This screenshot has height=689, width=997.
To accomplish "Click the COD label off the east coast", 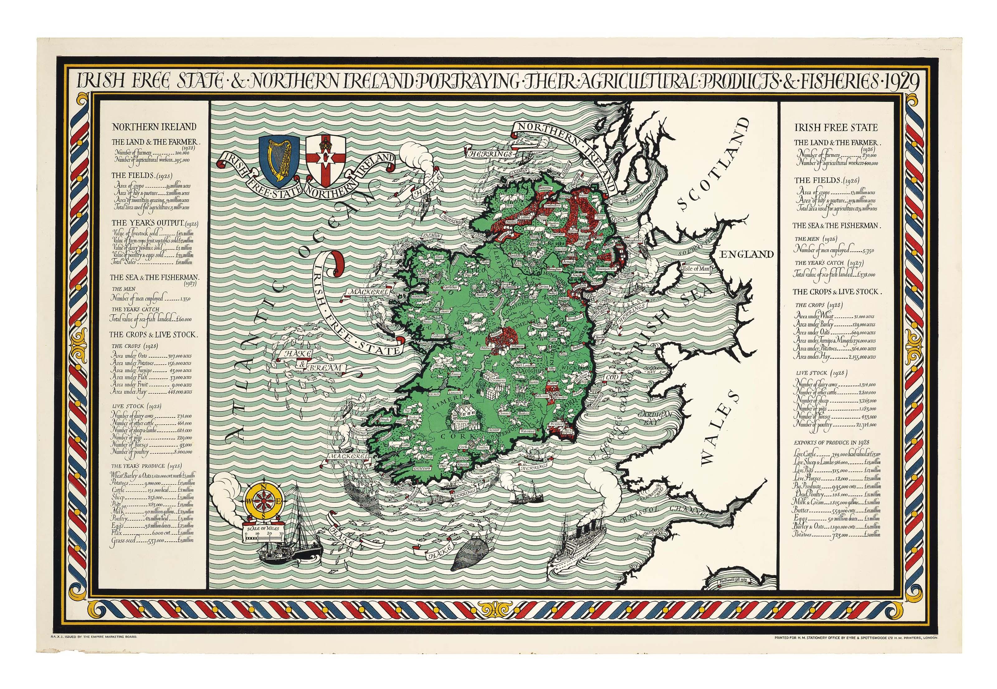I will tap(612, 377).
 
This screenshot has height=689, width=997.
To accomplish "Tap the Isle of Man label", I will tap(696, 268).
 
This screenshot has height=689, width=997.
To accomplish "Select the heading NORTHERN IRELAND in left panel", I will tap(154, 127).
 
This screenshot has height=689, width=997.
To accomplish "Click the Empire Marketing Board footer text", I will tap(94, 637).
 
